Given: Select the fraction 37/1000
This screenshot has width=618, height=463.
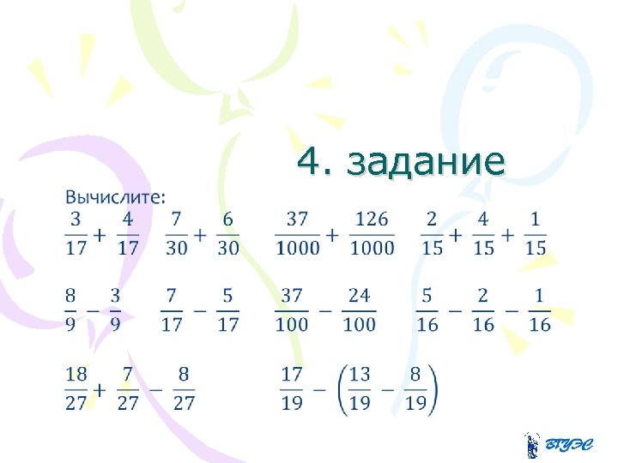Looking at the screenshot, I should (x=297, y=234).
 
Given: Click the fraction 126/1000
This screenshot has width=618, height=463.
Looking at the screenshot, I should (x=372, y=234).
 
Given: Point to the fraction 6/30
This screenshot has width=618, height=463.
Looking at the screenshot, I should (x=227, y=234).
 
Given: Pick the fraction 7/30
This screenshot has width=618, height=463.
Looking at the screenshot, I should (x=176, y=234).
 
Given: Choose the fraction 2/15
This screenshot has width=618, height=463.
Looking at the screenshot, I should (x=432, y=234).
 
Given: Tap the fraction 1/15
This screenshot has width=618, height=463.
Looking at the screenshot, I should (x=535, y=234).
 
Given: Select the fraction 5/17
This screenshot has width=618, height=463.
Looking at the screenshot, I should (x=227, y=310).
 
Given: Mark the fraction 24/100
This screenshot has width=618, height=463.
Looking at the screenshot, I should (x=359, y=310).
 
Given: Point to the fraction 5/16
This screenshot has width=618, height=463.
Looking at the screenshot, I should (x=427, y=310).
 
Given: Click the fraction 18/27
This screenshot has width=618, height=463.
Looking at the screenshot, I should (x=76, y=388).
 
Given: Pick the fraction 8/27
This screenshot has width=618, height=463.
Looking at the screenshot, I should (x=184, y=388).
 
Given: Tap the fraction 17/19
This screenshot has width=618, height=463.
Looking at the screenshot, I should (x=292, y=388).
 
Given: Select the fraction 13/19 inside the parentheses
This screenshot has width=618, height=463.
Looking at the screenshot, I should (x=360, y=388).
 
